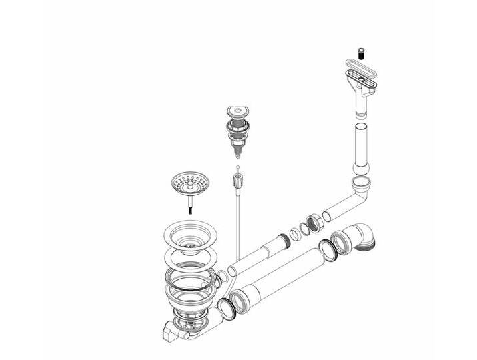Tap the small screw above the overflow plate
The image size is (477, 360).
coord(360,50)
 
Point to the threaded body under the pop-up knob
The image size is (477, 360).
coord(237,135)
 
